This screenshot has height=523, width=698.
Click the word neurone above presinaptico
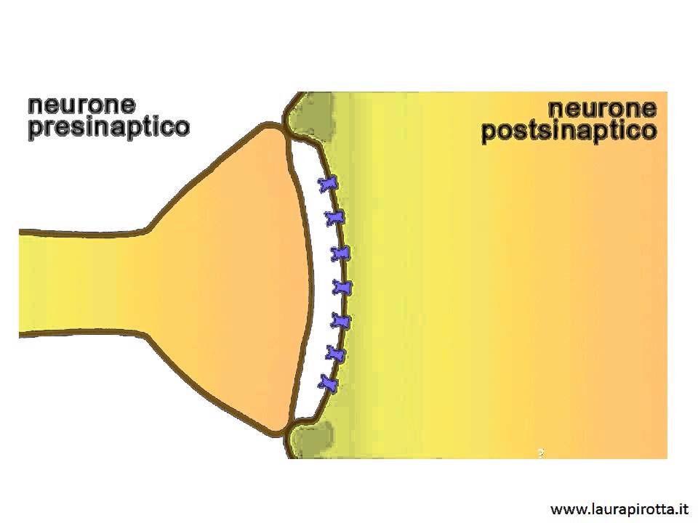[x=81, y=105]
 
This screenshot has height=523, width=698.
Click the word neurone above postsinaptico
[x=602, y=108]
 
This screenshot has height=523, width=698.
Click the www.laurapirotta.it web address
[x=619, y=508]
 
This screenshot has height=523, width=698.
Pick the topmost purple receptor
[x=329, y=184]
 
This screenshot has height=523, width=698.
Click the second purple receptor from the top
[x=335, y=218]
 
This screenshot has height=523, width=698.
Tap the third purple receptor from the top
[x=340, y=254]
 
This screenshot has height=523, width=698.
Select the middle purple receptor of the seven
[x=342, y=288]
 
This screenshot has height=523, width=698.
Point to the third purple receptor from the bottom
[x=341, y=321]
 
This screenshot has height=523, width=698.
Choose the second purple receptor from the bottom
[x=336, y=354]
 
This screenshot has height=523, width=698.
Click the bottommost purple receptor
[x=328, y=383]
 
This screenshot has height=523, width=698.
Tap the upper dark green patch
[x=315, y=115]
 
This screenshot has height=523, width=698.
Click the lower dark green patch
[x=314, y=438]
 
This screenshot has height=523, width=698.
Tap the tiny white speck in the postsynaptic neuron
[x=541, y=453]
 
